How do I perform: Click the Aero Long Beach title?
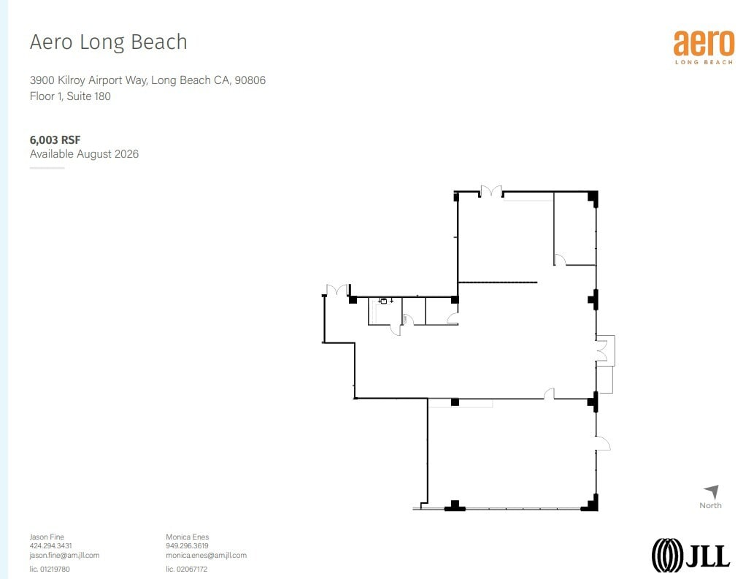tap(108, 42)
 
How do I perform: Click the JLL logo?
tap(690, 555)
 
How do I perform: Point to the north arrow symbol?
tap(712, 492)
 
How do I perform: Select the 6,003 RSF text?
tap(55, 139)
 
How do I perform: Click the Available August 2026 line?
tap(84, 154)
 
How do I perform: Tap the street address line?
tap(147, 80)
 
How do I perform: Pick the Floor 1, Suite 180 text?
tap(70, 96)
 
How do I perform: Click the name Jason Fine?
tap(47, 537)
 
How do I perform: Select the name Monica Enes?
tap(188, 537)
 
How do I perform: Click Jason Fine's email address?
tap(64, 555)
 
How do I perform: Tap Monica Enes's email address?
tap(206, 555)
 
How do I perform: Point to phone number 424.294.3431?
tap(50, 545)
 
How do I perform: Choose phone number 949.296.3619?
tap(187, 545)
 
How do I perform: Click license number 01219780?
tap(50, 569)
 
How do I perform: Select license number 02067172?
tap(187, 569)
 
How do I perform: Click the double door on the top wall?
tap(491, 191)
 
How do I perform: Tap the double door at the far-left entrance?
tap(336, 290)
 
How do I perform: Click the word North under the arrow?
tap(710, 505)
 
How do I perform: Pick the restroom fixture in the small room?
tap(382, 301)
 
